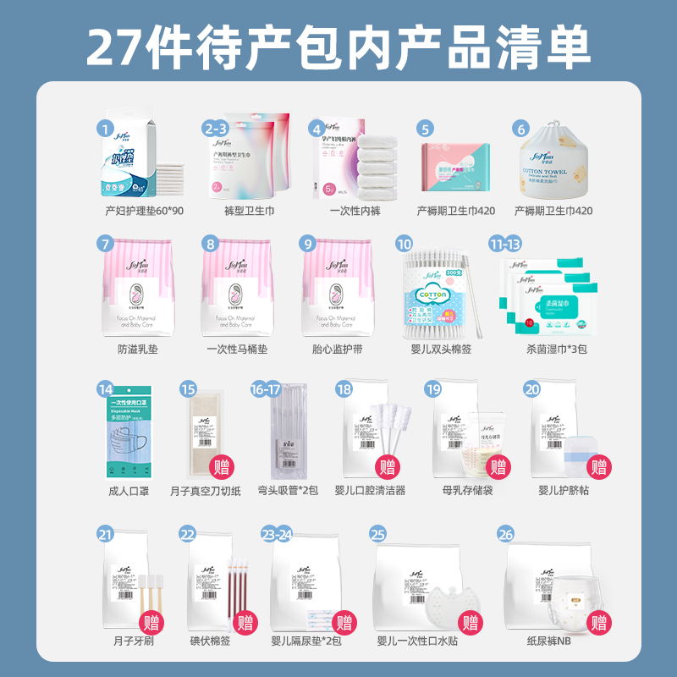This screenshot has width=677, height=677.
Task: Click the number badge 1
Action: coord(105,129)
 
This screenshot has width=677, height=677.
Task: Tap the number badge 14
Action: coord(105,390)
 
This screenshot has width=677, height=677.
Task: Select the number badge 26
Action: coord(507,535)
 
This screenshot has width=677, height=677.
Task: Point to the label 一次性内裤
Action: coord(351,211)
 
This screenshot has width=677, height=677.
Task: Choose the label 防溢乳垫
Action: coord(139,349)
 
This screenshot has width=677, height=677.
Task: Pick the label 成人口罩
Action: coord(129,490)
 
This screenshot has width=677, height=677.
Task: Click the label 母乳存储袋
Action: coord(466,490)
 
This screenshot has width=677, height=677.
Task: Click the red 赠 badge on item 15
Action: coord(222,465)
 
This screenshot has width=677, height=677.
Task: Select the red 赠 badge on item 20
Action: coord(599,465)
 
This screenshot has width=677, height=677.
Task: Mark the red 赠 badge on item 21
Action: coord(152,625)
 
